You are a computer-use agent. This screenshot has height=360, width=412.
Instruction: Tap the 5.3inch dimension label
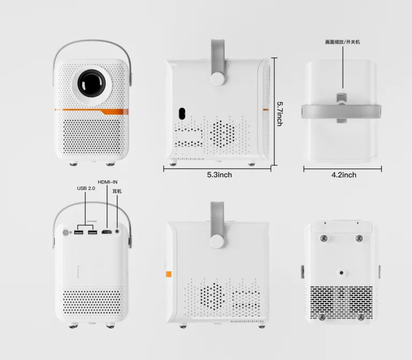coord(219,174)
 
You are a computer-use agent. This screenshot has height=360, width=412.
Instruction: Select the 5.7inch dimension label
coord(279,113)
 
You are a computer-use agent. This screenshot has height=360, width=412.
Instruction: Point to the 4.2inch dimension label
coord(343,174)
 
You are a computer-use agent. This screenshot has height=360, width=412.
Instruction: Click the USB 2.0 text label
coord(86,188)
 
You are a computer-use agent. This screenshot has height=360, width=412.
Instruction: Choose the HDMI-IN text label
coord(107,182)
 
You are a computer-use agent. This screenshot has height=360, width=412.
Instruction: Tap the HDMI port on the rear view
coord(106,232)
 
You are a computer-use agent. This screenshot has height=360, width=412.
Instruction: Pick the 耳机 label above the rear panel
coord(116,192)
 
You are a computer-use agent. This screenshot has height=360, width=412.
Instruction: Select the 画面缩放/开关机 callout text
coord(343,41)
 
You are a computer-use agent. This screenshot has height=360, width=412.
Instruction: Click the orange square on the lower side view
coord(168,274)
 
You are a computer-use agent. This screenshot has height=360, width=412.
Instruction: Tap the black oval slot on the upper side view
coord(181,114)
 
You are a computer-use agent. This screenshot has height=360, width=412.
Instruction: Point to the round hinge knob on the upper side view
coord(218,78)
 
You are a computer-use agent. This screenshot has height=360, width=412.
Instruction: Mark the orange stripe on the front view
coord(91,111)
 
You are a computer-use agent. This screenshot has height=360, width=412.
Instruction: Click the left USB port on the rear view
coord(79,232)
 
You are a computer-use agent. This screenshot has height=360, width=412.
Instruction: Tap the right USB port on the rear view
coord(92,232)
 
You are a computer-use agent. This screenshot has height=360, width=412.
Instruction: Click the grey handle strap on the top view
coord(342,110)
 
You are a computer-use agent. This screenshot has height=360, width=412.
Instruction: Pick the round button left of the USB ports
coord(67,232)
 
